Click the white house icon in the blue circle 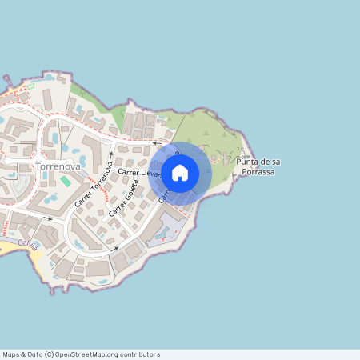coord(180,172)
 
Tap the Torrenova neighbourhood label coord(58,166)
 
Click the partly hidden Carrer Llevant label coord(138,173)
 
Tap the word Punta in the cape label coord(249,162)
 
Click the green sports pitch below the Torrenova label coord(65,182)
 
